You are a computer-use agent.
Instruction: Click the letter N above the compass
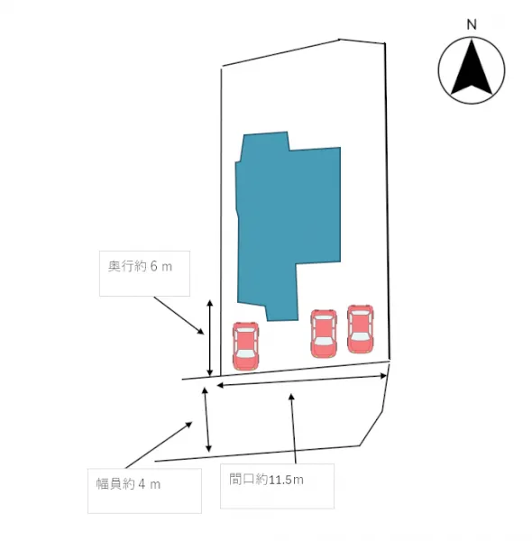472,24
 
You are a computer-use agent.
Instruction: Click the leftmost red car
245,346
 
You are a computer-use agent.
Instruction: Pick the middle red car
324,334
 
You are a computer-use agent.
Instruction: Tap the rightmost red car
361,329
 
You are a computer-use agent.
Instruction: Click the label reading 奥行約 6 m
140,266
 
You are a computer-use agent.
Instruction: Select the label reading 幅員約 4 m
128,484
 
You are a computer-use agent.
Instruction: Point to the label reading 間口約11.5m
266,480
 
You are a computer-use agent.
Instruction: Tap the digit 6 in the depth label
154,266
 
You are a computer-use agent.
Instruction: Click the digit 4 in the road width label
142,484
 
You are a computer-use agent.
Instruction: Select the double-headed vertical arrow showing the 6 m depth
209,338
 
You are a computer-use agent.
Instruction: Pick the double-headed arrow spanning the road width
206,419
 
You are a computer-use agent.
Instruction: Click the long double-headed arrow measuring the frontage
301,381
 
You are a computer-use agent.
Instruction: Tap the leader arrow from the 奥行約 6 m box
179,316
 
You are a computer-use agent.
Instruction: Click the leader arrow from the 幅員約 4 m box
159,445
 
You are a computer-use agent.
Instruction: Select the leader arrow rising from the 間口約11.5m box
294,428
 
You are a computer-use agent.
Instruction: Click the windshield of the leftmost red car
245,354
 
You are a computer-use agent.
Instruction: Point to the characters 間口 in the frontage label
242,480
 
